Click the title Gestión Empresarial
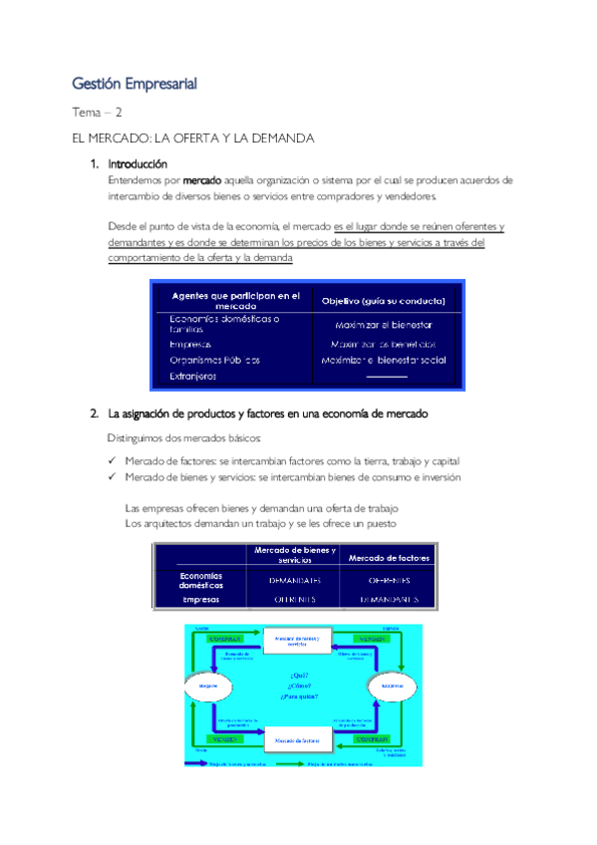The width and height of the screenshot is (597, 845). [135, 84]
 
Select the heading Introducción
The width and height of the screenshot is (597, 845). [138, 163]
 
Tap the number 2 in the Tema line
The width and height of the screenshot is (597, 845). [119, 114]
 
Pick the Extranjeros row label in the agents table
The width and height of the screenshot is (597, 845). [192, 377]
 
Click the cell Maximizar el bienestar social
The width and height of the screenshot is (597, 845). [383, 360]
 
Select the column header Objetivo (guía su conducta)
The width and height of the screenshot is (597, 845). [383, 300]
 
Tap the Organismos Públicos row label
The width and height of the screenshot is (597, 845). [214, 360]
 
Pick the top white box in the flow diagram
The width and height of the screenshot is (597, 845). [296, 641]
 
